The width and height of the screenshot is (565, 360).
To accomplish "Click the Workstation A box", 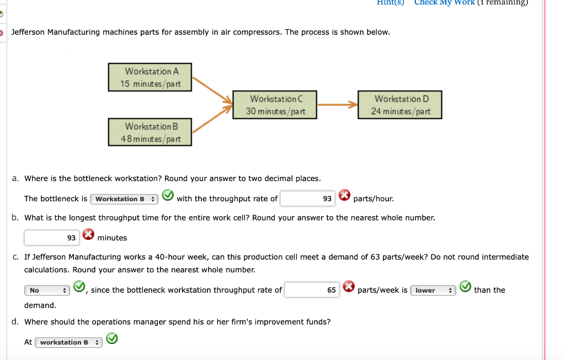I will pos(152,77).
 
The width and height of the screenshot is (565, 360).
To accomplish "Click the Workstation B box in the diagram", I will pos(151,132).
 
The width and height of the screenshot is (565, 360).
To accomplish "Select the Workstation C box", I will pos(276,105).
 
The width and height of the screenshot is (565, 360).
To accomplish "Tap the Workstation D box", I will pos(401,105).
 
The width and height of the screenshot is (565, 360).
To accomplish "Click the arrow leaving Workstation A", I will pos(211,89).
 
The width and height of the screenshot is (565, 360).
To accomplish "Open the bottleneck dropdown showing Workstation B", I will pos(124,199).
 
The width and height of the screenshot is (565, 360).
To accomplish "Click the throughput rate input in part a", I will pos(308,198).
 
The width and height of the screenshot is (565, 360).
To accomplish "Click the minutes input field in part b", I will pos(51,238).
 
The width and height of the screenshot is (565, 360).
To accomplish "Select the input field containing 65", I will pos(312,290).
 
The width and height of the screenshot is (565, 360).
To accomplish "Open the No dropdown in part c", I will pos(46,290).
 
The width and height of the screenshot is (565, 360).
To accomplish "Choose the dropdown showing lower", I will pos(433,290).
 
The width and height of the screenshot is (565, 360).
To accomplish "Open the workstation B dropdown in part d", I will pos(68,342).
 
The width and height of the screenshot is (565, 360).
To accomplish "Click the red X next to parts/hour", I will pos(344,196).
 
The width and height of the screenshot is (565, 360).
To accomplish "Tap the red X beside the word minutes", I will pos(88,236).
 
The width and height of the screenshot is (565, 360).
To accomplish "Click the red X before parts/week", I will pos(348,287).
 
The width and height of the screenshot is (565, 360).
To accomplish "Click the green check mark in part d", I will pos(112,339).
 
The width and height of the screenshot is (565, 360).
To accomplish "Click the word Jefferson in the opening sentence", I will pos(28,32).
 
